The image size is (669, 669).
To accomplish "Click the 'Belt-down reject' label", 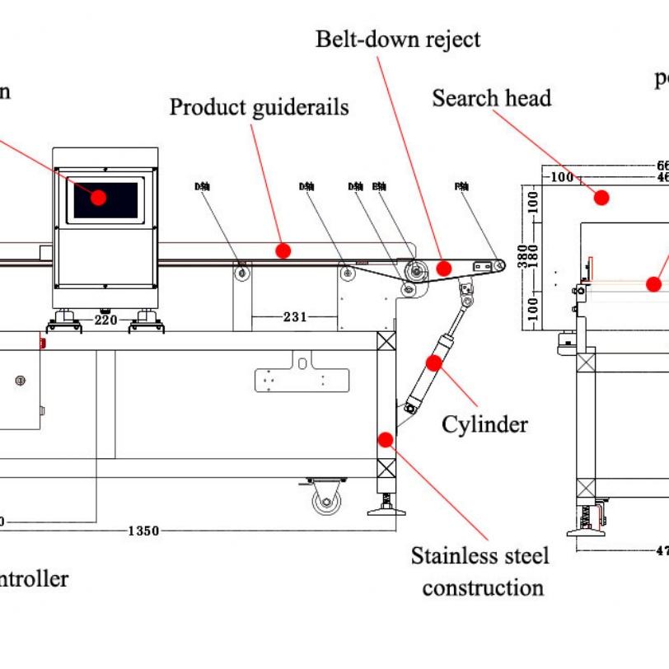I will (x=397, y=39).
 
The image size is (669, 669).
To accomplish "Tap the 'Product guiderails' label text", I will (x=259, y=107).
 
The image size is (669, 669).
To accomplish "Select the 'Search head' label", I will (x=491, y=98).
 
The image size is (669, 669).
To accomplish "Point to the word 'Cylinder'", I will (x=484, y=424).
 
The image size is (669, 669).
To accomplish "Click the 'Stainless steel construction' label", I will (x=480, y=572).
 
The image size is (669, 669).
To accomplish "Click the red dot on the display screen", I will (x=99, y=198).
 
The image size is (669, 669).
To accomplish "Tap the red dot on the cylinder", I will (x=433, y=363).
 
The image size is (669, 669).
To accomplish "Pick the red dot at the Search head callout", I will (x=601, y=198).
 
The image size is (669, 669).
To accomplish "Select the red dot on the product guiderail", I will (x=283, y=250).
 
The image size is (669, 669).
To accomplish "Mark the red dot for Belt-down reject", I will (x=444, y=268).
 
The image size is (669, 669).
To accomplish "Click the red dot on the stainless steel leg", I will (x=385, y=439).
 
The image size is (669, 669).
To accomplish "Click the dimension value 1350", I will (x=143, y=531).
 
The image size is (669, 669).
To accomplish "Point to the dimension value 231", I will (x=295, y=316).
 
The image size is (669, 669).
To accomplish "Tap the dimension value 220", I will (x=105, y=320).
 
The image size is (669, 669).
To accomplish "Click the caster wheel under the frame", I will (x=327, y=500).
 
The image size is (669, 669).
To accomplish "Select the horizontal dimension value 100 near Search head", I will (x=562, y=177).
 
